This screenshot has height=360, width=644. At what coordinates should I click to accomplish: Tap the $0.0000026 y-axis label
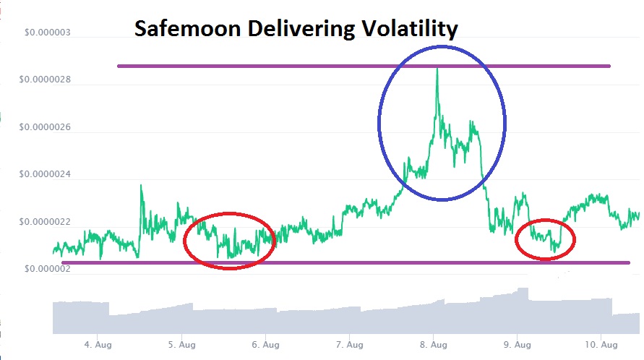(48, 127)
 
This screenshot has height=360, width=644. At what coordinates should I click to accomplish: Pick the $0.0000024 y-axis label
(48, 174)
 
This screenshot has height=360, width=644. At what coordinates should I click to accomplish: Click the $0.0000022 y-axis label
(48, 222)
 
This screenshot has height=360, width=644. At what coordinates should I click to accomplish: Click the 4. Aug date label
(96, 345)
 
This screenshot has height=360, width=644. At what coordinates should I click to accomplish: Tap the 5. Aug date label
(181, 345)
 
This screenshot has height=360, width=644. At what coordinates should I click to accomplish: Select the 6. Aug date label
(265, 345)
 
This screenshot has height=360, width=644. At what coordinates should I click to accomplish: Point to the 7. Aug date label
(349, 345)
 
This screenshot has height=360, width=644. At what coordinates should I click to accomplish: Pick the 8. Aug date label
(433, 345)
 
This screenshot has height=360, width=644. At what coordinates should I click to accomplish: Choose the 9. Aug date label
(517, 345)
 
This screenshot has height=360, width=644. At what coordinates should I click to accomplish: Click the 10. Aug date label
(598, 345)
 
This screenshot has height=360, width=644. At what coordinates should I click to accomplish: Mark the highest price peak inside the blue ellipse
(437, 69)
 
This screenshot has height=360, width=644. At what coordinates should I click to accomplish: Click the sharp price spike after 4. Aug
(141, 186)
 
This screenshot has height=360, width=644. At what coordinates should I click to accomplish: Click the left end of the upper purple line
(119, 66)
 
